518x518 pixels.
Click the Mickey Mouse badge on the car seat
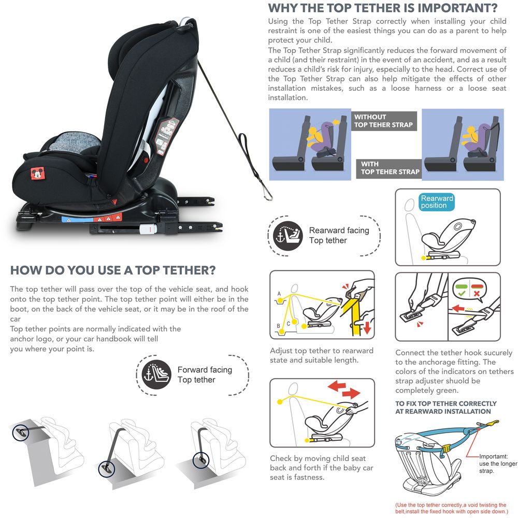pyautogui.click(x=38, y=173)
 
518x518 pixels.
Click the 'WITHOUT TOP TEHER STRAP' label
pyautogui.click(x=383, y=121)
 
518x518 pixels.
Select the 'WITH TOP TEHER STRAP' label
pyautogui.click(x=390, y=168)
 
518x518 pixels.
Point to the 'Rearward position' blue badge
pyautogui.click(x=437, y=202)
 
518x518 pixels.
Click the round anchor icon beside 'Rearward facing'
pyautogui.click(x=287, y=236)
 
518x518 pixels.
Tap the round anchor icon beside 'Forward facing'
pyautogui.click(x=156, y=375)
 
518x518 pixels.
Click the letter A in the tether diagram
pyautogui.click(x=279, y=294)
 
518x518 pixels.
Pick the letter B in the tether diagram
pyautogui.click(x=279, y=326)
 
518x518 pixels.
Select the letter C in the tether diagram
pyautogui.click(x=289, y=324)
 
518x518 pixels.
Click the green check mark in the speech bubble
pyautogui.click(x=462, y=293)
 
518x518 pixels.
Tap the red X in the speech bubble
pyautogui.click(x=477, y=293)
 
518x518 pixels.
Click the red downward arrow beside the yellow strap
pyautogui.click(x=367, y=327)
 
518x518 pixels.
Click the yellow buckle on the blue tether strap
pyautogui.click(x=445, y=449)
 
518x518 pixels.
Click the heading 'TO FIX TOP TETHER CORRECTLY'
pyautogui.click(x=446, y=404)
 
